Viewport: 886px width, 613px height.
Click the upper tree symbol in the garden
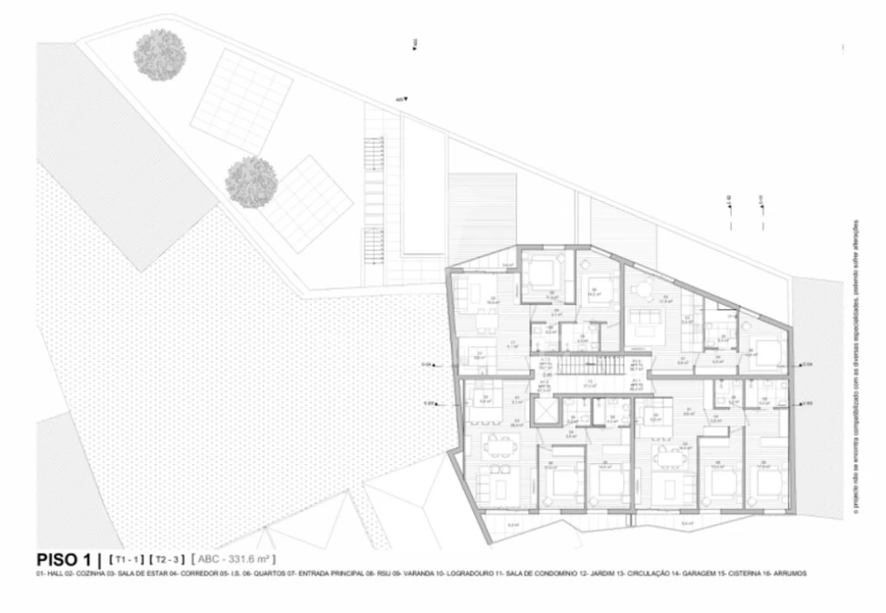coord(159,54)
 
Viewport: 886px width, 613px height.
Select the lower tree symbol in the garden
coord(251,180)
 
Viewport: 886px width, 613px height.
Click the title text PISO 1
coord(63,559)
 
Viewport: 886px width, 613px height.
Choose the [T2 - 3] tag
coord(167,559)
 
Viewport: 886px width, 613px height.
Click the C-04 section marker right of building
coord(806,364)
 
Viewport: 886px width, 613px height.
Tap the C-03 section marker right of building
coord(806,403)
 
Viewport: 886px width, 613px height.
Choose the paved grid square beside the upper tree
coord(241,100)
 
